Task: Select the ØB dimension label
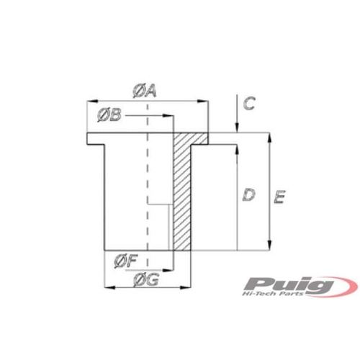pyautogui.click(x=108, y=114)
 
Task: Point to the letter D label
pyautogui.click(x=247, y=194)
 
